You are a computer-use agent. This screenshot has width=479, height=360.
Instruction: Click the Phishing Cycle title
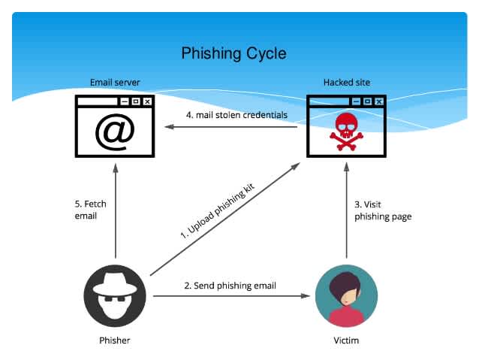(x=233, y=53)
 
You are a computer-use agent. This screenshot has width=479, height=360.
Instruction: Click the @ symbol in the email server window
(x=114, y=131)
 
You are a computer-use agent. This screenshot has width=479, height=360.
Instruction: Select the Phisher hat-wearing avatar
(x=115, y=297)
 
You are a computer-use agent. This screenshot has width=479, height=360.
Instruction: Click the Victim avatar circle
(x=345, y=297)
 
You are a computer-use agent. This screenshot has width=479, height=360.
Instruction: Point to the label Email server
(x=115, y=82)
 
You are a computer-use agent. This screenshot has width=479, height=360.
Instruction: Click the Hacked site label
(x=346, y=82)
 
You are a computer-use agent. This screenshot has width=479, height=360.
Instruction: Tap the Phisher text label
(x=115, y=340)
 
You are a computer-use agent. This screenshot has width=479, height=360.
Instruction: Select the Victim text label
(x=345, y=340)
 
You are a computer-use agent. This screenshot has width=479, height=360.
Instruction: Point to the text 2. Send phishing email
(x=230, y=286)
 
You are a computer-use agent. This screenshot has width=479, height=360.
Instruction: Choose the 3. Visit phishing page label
(x=382, y=210)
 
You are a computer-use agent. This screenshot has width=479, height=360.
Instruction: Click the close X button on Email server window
(x=147, y=101)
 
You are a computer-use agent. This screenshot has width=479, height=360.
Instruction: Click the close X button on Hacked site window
(x=378, y=101)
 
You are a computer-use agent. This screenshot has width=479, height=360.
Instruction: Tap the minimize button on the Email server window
(x=123, y=101)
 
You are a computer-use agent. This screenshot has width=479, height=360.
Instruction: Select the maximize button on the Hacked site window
(x=366, y=101)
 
